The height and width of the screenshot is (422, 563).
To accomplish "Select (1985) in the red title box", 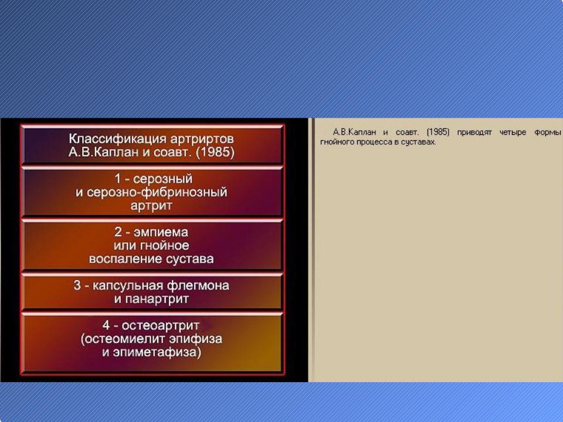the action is [x=215, y=152].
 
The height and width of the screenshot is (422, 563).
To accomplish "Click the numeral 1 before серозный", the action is [x=117, y=178].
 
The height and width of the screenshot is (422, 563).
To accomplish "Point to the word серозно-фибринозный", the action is [x=157, y=192].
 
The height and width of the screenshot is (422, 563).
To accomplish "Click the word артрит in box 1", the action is [x=151, y=206].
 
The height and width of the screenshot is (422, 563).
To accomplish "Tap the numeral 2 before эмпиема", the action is [x=118, y=232].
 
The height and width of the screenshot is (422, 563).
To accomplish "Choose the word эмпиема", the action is [x=161, y=232].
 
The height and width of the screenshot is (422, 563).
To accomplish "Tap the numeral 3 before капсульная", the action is [x=77, y=285].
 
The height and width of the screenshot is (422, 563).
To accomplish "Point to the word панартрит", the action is [x=157, y=299].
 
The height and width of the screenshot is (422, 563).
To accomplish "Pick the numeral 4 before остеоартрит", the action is [x=106, y=325].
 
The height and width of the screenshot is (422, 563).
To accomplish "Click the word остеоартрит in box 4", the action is [x=160, y=325].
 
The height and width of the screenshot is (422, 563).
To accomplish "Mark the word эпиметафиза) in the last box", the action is [x=157, y=352].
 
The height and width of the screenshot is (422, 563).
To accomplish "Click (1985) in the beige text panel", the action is [x=437, y=132].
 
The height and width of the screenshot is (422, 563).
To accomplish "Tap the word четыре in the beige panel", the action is [x=513, y=132].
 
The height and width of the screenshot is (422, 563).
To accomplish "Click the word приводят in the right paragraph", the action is [x=474, y=132].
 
